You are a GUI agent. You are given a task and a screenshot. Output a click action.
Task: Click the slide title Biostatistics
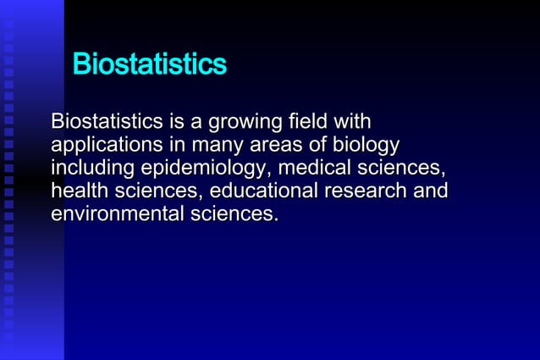(150, 64)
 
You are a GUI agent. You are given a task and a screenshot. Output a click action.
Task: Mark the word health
(78, 191)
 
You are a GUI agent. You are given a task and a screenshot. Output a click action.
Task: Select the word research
(366, 191)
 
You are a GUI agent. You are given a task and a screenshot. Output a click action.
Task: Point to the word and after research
(431, 191)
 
